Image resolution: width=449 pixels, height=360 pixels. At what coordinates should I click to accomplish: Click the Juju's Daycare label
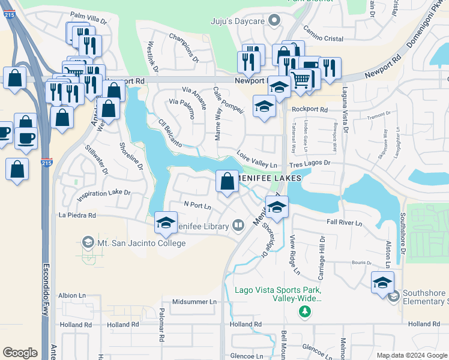point(238,21)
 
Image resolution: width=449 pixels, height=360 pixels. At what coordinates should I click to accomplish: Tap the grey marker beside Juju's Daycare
point(274,21)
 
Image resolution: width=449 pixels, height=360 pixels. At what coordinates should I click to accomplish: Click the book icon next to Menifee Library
point(238,226)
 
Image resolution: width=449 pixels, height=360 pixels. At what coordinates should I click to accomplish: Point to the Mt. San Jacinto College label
point(142,243)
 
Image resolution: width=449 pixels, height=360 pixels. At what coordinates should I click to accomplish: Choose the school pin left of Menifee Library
point(166,223)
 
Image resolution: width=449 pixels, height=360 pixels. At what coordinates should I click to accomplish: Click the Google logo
point(20,353)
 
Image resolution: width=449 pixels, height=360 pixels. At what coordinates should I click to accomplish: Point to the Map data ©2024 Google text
point(411,355)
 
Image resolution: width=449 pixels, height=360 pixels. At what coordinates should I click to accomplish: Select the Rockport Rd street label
point(309,110)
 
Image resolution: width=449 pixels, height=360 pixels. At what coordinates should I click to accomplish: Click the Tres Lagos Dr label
point(310,163)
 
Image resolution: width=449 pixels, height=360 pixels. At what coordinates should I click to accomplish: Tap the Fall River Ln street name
point(345,223)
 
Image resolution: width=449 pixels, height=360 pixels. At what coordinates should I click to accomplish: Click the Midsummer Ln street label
point(193,302)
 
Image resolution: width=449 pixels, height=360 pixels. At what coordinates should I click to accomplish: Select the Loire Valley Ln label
point(257,159)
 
